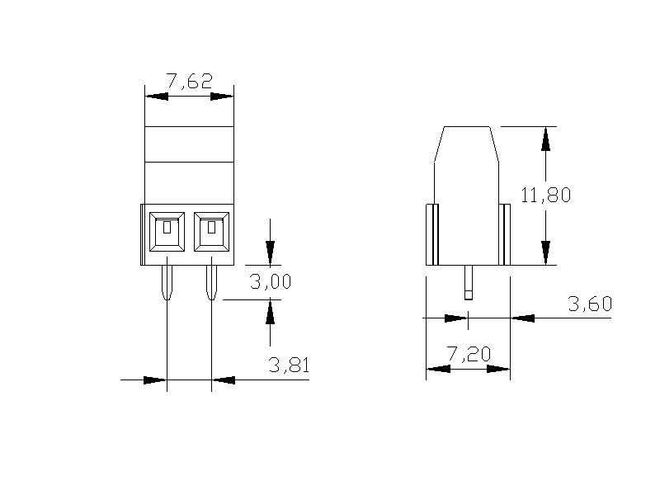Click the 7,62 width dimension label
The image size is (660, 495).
pyautogui.click(x=190, y=81)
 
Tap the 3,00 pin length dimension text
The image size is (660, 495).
pyautogui.click(x=271, y=281)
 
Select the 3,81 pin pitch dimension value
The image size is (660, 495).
pyautogui.click(x=290, y=365)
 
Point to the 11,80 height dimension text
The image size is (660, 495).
pyautogui.click(x=546, y=195)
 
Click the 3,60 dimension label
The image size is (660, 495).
pyautogui.click(x=590, y=304)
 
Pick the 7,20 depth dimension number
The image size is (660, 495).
pyautogui.click(x=469, y=354)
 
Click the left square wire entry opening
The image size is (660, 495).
pyautogui.click(x=167, y=232)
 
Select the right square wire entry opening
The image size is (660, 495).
pyautogui.click(x=212, y=232)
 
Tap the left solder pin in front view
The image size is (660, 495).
pyautogui.click(x=167, y=282)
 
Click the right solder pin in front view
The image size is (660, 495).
pyautogui.click(x=211, y=282)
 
